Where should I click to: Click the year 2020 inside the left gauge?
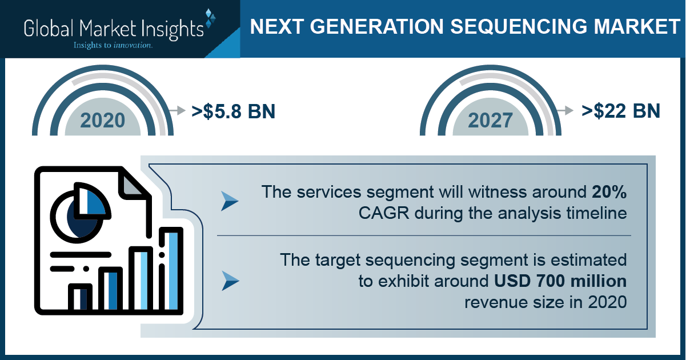(103, 121)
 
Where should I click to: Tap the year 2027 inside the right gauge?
(490, 121)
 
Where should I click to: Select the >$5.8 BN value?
(234, 111)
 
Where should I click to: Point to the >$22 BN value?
(621, 111)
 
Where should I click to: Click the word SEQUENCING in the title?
(519, 26)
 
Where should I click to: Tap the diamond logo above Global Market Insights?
(210, 18)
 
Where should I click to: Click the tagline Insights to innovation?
(113, 45)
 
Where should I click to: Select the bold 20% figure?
(609, 192)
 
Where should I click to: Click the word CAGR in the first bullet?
(384, 213)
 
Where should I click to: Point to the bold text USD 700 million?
(560, 281)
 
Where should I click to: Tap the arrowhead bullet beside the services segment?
(230, 201)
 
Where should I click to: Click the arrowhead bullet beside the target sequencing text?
(230, 281)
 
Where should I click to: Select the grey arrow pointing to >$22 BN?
(565, 110)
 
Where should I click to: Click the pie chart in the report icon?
(80, 213)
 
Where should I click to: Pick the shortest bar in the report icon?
(80, 298)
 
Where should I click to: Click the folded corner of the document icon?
(132, 184)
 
